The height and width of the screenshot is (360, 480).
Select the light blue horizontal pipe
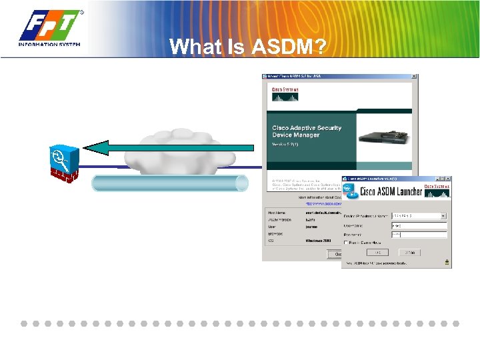169,183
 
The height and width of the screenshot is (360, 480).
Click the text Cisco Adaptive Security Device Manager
307,131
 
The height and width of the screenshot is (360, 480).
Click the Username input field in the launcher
419,226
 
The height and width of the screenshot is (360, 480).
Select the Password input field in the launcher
419,235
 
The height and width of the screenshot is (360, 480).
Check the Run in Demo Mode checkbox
347,243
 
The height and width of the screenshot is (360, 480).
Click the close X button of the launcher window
448,179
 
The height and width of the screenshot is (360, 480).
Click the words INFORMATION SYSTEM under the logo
50,44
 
